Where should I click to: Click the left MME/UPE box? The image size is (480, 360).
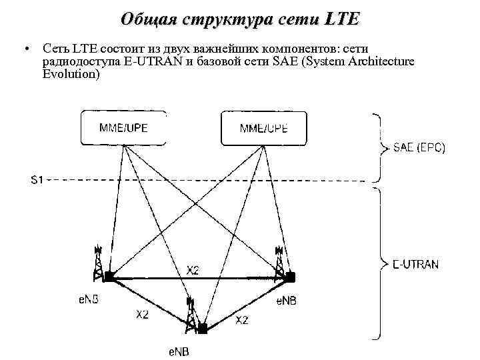123,128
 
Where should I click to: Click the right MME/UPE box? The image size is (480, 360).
264,128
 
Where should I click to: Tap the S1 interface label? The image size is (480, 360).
37,180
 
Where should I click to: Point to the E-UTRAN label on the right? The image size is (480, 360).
415,264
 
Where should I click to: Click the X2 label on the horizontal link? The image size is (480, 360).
193,270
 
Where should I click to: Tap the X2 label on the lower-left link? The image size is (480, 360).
142,315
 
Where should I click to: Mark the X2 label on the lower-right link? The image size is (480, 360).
242,320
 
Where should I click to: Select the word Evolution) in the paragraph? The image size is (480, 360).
71,74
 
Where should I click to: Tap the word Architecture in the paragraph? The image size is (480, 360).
378,61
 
